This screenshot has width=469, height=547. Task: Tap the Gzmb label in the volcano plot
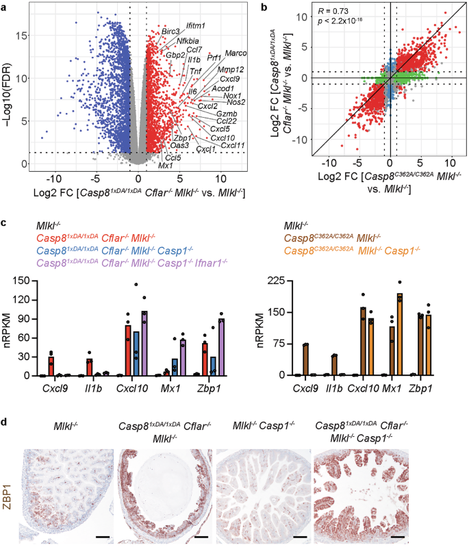tap(227, 113)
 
